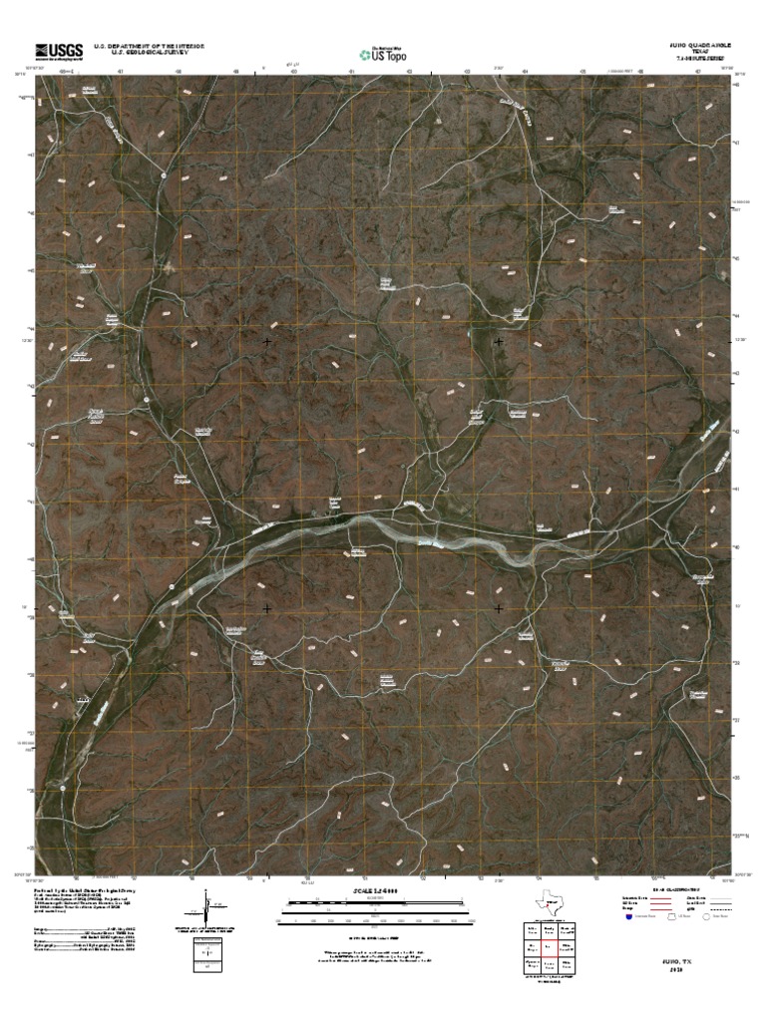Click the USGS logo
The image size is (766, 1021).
[58, 52]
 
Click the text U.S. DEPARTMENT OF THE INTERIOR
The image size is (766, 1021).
[149, 46]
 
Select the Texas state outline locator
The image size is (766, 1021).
[548, 903]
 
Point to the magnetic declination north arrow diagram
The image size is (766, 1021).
[206, 908]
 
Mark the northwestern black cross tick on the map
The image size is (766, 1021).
[267, 342]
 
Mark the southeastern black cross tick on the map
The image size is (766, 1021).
[498, 607]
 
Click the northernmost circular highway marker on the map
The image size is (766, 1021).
[162, 175]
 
